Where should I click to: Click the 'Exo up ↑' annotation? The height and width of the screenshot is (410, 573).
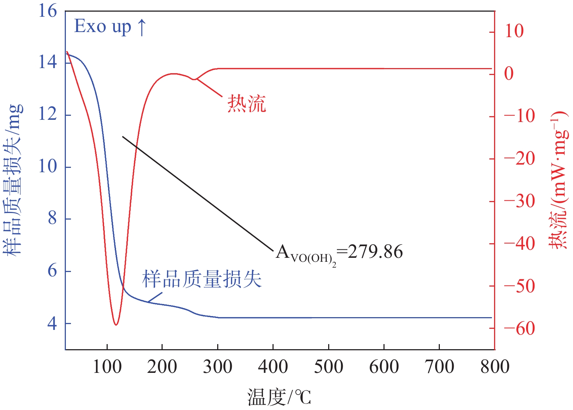110,26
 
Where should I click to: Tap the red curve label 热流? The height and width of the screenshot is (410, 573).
247,103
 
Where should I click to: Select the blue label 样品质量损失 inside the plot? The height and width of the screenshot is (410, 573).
202,280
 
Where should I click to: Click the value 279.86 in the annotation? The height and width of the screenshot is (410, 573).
375,252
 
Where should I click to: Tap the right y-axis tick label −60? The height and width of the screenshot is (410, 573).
519,328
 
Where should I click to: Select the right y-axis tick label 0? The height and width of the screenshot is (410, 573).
509,74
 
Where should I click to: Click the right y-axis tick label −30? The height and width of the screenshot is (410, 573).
519,201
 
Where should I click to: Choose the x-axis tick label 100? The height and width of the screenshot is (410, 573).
107,367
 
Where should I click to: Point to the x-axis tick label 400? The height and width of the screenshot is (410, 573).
273,367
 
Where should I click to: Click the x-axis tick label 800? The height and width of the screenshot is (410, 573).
494,367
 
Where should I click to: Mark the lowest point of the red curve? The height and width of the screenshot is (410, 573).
116,324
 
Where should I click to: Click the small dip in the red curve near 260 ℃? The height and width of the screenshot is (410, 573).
195,79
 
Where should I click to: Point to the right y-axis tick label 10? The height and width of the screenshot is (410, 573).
514,31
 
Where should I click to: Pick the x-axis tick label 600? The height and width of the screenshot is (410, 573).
384,367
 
